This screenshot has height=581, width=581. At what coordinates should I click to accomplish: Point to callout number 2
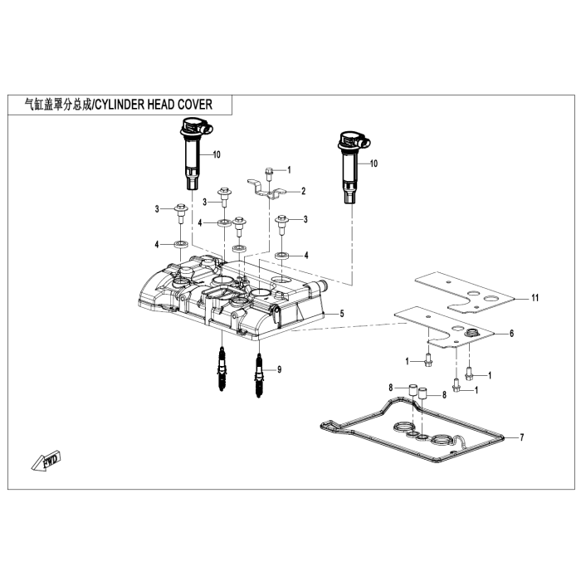coord(303,191)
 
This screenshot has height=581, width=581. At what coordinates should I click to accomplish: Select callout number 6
coord(511,334)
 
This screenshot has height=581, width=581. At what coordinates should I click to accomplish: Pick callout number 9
coord(279,369)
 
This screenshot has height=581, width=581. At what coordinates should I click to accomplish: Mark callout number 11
coord(535,296)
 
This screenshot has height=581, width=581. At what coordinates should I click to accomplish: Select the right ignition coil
coord(348,166)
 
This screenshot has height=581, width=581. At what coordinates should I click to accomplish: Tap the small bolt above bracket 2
coord(270,172)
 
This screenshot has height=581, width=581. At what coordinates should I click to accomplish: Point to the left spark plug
coord(222,370)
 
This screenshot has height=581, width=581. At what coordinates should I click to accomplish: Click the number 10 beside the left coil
coord(217,155)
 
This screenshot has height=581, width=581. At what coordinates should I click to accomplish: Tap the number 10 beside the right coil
coord(373,164)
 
